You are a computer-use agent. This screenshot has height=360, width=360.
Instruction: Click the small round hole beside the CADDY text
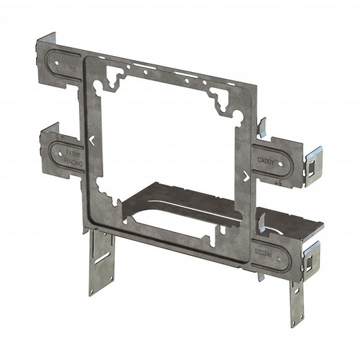tap(281, 164)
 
